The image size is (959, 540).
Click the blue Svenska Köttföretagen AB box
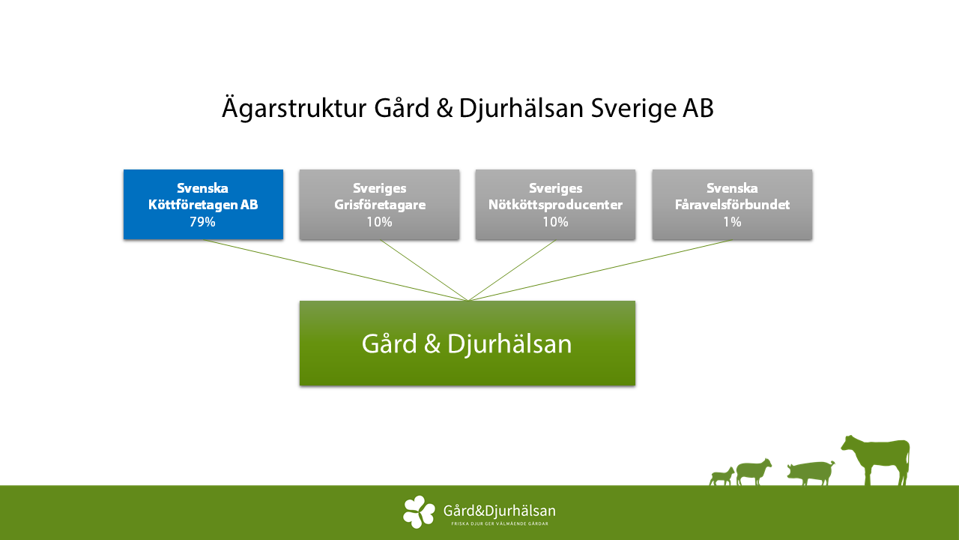tap(203, 205)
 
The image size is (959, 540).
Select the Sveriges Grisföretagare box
tap(379, 205)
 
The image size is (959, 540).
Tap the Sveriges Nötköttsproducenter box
tap(555, 205)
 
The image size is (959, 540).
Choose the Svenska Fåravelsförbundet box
tap(732, 205)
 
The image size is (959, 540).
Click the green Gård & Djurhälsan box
tap(468, 343)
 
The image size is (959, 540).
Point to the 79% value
tap(202, 222)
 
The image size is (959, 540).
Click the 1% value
tap(732, 222)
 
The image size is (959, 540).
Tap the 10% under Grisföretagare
tap(379, 222)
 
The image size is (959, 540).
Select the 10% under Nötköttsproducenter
tap(555, 222)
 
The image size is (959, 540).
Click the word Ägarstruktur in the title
tap(294, 108)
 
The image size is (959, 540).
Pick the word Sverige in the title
tap(633, 109)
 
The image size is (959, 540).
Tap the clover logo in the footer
tap(419, 511)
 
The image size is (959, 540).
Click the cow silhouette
tap(877, 460)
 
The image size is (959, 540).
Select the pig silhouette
tap(811, 472)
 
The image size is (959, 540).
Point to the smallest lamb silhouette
tap(721, 476)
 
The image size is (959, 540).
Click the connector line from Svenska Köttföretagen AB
tap(336, 270)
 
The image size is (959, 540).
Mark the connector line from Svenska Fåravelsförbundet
tap(600, 270)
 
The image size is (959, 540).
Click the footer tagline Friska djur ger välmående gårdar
tap(500, 523)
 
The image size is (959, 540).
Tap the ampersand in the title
tap(445, 109)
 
